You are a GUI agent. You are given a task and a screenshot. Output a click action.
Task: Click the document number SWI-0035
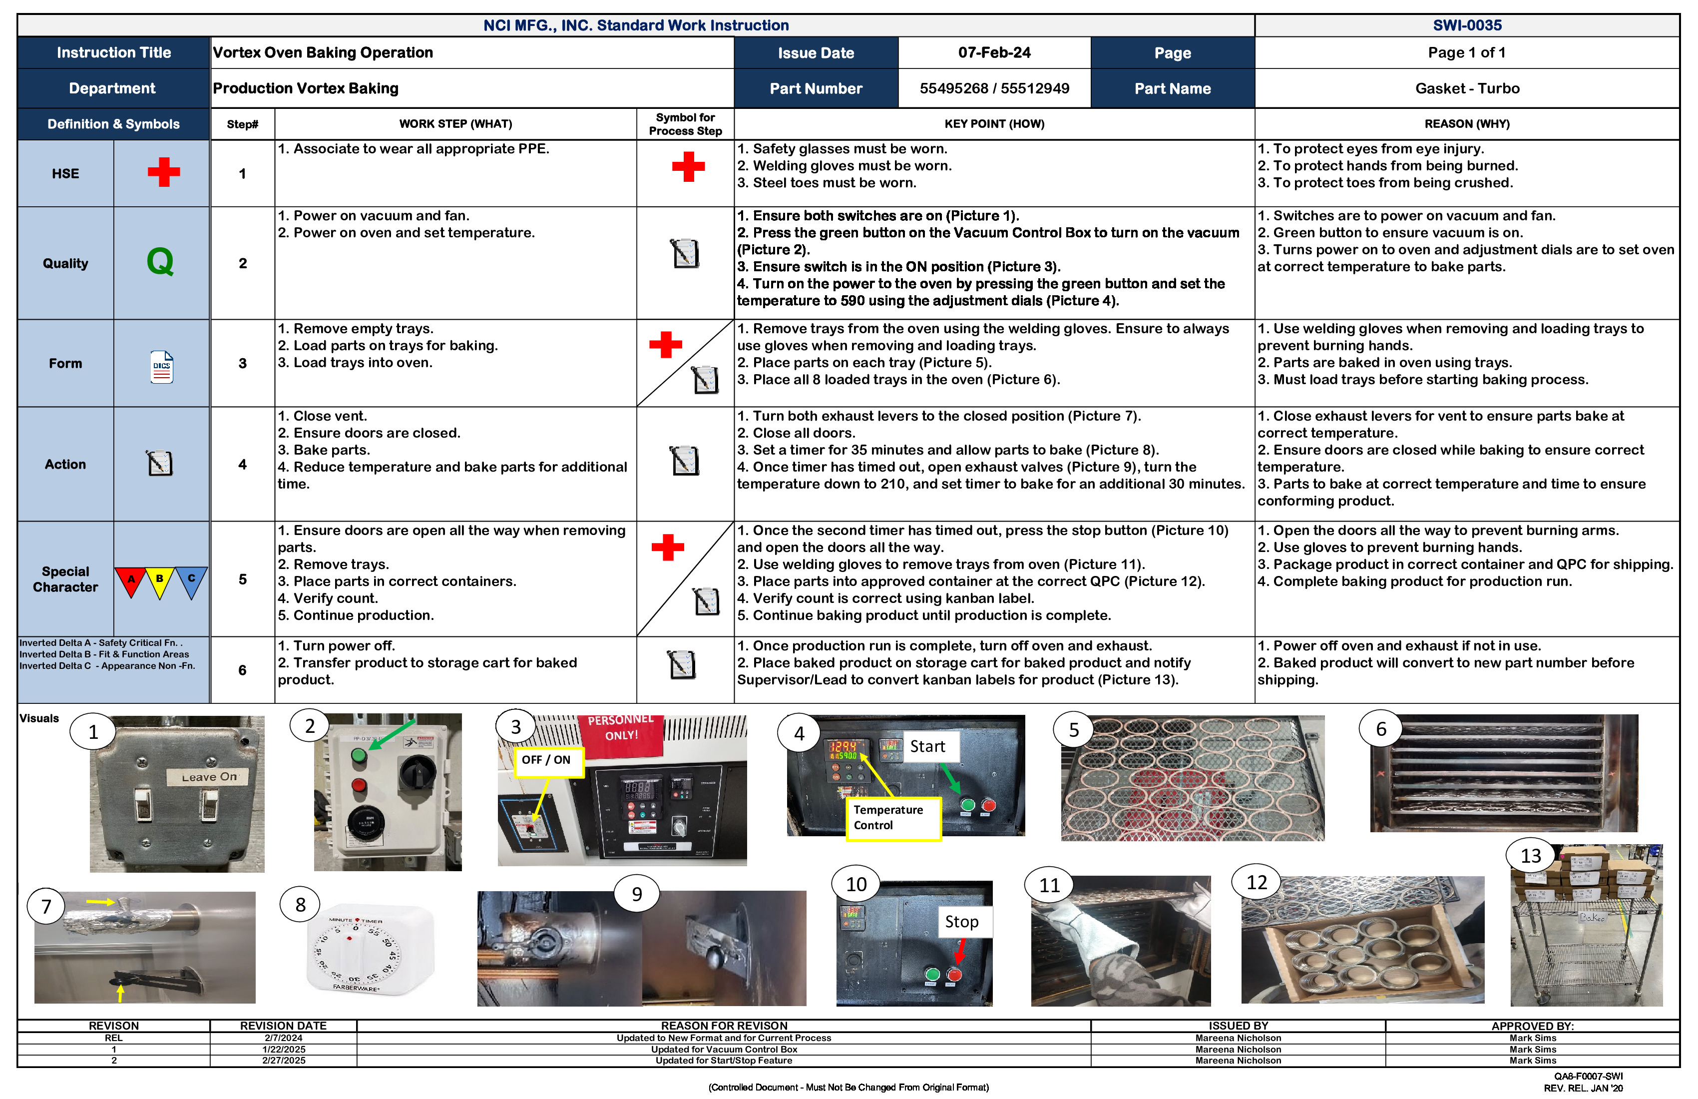point(1466,25)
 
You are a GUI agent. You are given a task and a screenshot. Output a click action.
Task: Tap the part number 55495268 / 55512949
point(994,88)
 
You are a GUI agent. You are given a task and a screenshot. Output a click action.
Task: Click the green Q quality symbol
point(160,262)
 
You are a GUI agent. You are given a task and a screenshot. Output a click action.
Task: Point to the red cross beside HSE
point(163,172)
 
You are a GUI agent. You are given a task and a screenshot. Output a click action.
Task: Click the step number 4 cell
point(243,465)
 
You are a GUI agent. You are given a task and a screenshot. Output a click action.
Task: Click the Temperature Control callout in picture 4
point(892,818)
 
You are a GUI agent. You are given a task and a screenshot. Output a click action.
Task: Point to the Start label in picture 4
point(927,746)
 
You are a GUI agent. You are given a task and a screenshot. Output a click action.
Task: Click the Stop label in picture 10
point(961,921)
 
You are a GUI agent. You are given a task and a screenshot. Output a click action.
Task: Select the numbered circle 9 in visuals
point(636,894)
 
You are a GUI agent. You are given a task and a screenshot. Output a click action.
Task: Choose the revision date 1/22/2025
point(283,1050)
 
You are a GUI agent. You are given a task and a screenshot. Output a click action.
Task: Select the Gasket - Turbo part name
point(1466,88)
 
